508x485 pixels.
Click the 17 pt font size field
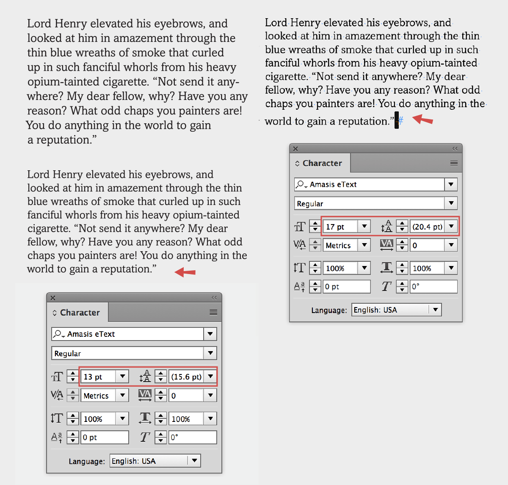tap(341, 227)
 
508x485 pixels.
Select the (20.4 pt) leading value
tap(427, 227)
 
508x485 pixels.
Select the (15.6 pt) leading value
tap(186, 377)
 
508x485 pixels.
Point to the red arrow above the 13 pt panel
tap(185, 272)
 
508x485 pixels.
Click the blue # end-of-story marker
tap(401, 121)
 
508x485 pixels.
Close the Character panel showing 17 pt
tap(295, 149)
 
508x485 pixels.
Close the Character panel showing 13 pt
tap(53, 298)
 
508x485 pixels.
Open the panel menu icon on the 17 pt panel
tap(454, 163)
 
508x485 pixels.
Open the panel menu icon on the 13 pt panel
tap(213, 313)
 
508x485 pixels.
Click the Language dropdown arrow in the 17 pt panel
tap(435, 310)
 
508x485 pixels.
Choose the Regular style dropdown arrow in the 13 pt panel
tap(210, 353)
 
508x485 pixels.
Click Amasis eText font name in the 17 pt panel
tap(333, 184)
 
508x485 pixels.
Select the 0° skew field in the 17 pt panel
tap(433, 286)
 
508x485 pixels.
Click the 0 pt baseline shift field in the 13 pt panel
tap(104, 437)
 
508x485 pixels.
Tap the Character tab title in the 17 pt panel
tap(322, 163)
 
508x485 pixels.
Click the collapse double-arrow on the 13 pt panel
tap(214, 298)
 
